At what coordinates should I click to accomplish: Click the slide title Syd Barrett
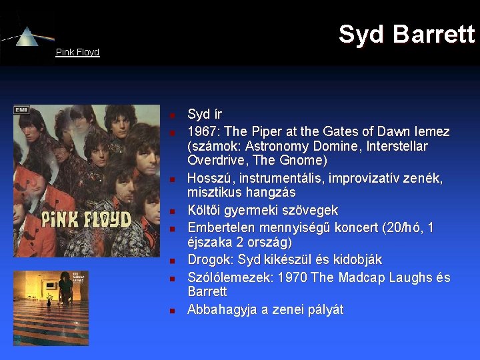click(x=406, y=34)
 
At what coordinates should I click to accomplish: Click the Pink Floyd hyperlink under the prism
click(x=77, y=52)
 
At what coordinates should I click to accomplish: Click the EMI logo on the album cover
click(x=21, y=110)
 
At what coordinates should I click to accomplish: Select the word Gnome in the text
click(x=303, y=161)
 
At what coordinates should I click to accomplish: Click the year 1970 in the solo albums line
click(x=291, y=277)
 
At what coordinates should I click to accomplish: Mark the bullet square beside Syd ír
click(x=171, y=115)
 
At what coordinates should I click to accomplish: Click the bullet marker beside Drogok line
click(x=171, y=261)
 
